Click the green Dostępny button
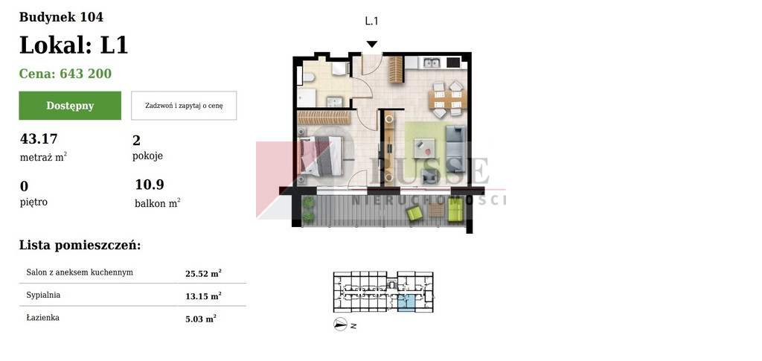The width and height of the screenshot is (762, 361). (x=70, y=106)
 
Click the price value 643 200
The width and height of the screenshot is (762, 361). (x=86, y=74)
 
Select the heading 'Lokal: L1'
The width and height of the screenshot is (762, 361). (x=74, y=45)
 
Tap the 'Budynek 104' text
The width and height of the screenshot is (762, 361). (x=61, y=17)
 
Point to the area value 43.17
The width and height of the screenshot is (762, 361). (x=39, y=139)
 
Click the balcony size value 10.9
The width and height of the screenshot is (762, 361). (x=150, y=185)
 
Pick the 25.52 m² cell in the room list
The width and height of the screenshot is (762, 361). (x=203, y=274)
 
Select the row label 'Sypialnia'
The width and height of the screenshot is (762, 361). (x=43, y=295)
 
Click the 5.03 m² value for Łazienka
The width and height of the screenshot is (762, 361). (x=201, y=319)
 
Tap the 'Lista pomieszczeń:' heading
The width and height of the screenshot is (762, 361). (x=80, y=246)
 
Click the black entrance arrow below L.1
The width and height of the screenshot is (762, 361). (x=372, y=44)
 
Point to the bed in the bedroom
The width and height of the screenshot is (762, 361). (x=320, y=156)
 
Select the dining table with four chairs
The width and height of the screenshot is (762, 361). (x=447, y=100)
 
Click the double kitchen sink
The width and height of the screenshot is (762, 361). (x=432, y=63)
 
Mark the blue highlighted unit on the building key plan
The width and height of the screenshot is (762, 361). (x=407, y=302)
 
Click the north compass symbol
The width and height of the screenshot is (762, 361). (x=340, y=324)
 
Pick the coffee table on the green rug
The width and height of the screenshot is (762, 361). (x=424, y=147)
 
